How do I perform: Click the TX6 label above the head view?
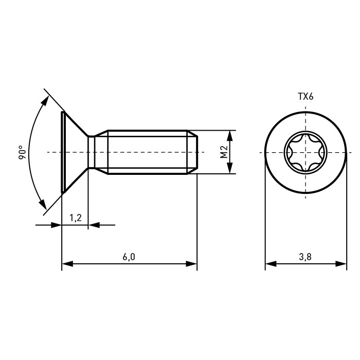(305, 97)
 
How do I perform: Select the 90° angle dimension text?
(23, 152)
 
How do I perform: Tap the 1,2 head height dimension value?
(76, 218)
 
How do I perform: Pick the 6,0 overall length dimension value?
(129, 257)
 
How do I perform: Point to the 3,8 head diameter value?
(305, 257)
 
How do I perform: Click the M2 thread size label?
(224, 152)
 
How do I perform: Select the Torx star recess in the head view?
(305, 152)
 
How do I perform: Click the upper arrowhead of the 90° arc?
(45, 101)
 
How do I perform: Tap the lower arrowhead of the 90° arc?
(43, 204)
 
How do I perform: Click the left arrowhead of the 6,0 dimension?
(67, 264)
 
